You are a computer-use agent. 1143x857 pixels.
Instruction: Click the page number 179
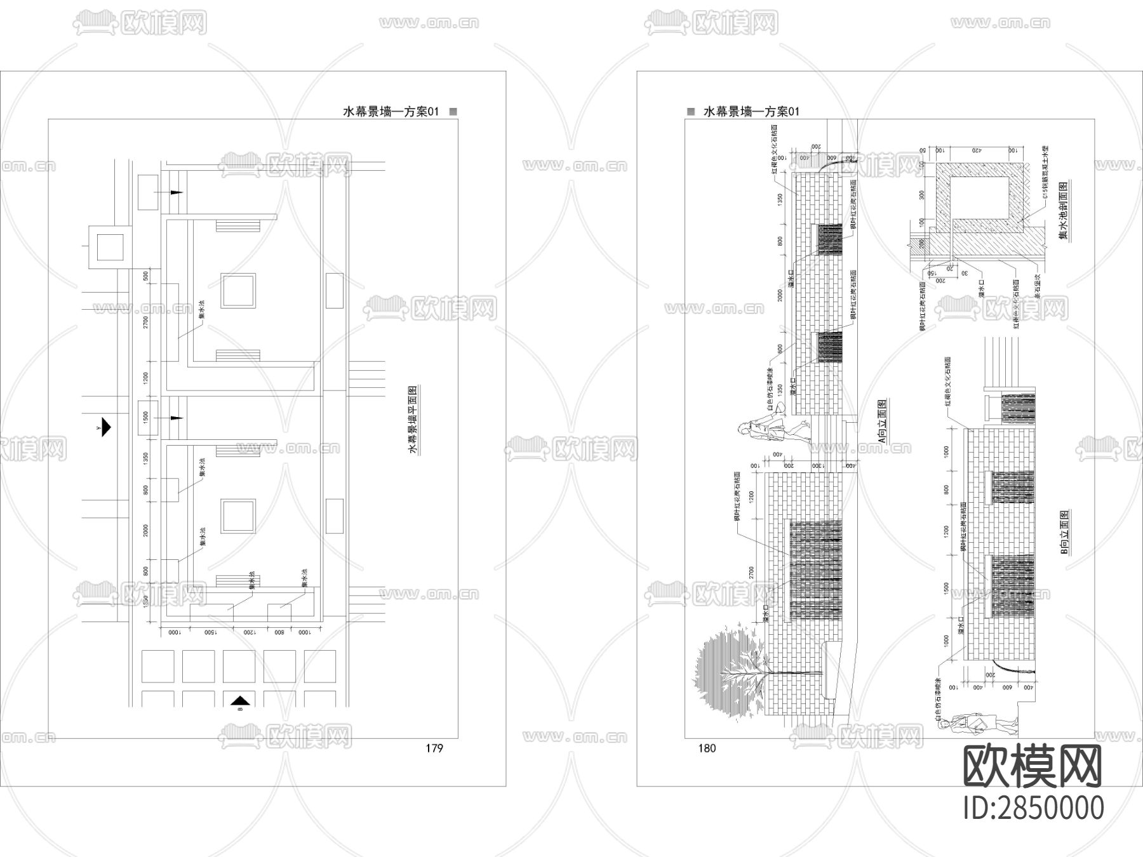pos(434,748)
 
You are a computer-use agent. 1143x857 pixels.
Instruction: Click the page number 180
pos(707,748)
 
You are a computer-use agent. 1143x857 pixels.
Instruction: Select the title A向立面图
pos(881,421)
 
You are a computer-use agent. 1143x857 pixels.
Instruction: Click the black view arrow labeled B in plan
pos(239,701)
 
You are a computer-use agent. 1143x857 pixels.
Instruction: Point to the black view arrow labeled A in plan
pos(105,427)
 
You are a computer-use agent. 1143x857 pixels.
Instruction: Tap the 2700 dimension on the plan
pos(145,322)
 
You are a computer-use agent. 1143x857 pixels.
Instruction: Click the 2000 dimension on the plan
pos(145,531)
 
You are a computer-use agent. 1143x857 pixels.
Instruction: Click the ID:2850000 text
pos(1034,808)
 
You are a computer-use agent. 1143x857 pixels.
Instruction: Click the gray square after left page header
pos(453,111)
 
